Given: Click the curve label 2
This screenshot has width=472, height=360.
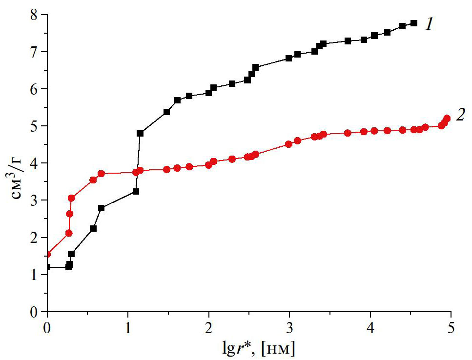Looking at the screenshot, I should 460,115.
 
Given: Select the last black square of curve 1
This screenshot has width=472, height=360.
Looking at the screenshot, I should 414,23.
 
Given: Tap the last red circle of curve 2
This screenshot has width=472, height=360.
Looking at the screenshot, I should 447,118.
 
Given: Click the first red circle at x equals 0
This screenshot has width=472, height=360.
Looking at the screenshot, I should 47,254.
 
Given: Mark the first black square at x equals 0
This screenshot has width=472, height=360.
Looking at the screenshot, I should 47,267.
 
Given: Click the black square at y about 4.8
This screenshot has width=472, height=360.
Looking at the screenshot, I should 140,133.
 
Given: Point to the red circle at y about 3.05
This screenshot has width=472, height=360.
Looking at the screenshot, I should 71,198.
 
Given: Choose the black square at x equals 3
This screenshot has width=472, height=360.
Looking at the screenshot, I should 289,58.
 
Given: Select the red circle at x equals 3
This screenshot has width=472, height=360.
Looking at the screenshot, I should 289,144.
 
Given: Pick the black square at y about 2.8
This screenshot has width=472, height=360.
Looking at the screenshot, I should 102,208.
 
